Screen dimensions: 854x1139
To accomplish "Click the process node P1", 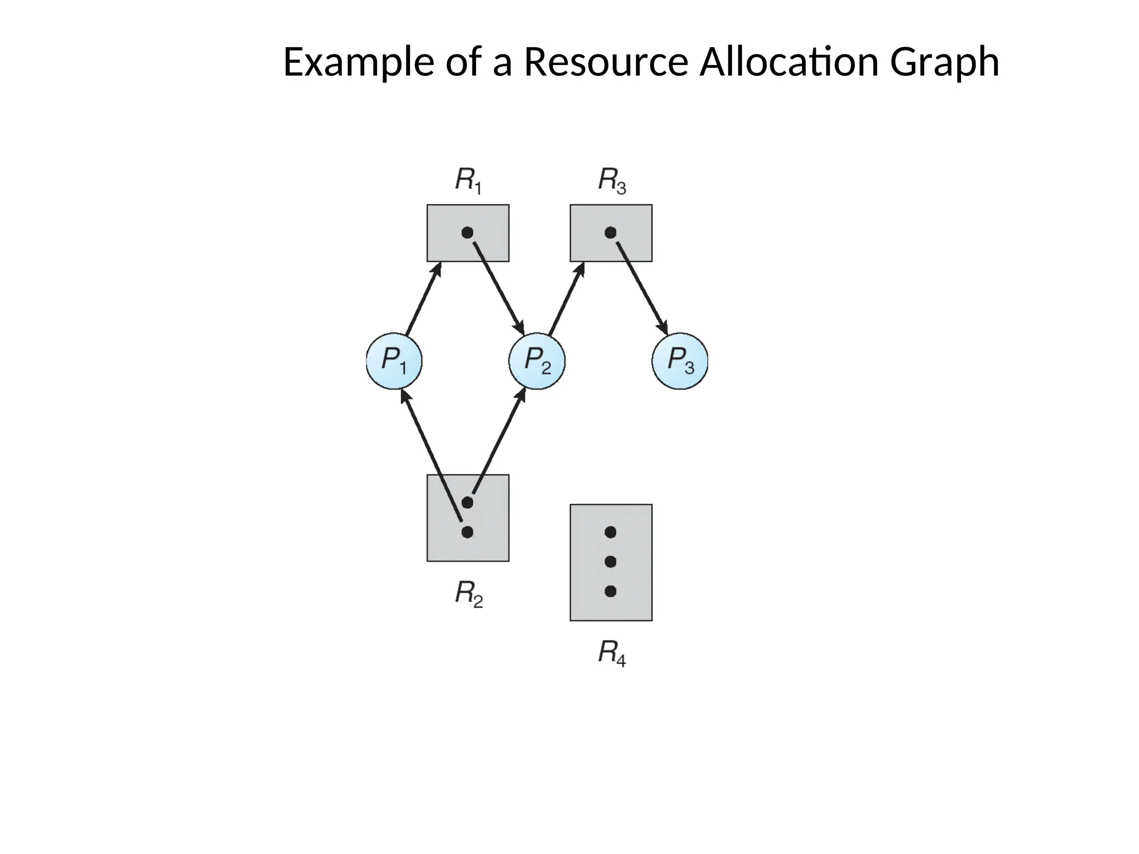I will pos(394,361).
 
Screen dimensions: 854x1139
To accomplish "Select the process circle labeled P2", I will pos(537,361).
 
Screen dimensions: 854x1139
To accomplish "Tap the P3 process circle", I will pos(680,361).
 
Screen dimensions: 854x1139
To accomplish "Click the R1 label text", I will pos(468,181).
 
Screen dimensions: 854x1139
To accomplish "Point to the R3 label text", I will pos(611,181).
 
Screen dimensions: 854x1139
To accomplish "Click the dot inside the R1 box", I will pos(468,232).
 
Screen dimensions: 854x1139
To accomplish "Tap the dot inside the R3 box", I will pos(611,232).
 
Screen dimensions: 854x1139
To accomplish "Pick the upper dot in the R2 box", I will pos(468,503).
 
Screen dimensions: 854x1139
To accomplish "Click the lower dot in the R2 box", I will pos(468,532).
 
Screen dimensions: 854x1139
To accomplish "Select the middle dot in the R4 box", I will pos(611,562).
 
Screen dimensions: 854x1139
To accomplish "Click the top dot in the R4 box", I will pos(611,532).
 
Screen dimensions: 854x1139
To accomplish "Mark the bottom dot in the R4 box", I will pos(611,592).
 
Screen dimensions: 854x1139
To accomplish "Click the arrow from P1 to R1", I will pos(423,299).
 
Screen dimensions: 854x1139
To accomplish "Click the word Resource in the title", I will pos(606,62).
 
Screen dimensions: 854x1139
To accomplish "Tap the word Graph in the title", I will pos(944,62).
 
